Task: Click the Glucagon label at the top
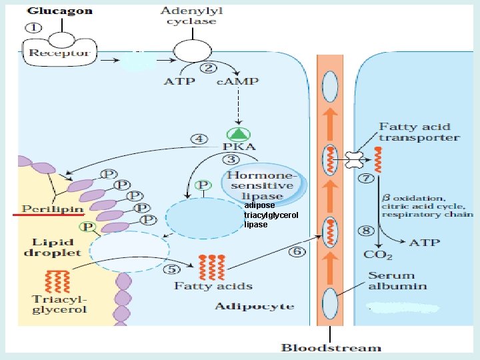[x=59, y=12]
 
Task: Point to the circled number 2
[x=209, y=67]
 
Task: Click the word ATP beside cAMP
[x=179, y=82]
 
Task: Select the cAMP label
[x=238, y=82]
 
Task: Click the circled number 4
[x=199, y=139]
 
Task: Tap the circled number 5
[x=173, y=269]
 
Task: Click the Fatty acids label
[x=213, y=286]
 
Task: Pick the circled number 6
[x=298, y=252]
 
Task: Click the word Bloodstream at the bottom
[x=331, y=347]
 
